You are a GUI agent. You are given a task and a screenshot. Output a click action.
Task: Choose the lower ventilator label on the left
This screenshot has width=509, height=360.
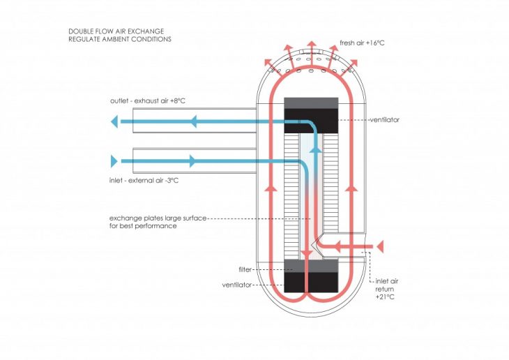pos(236,285)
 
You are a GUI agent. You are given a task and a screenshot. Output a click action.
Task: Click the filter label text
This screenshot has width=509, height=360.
pos(245,269)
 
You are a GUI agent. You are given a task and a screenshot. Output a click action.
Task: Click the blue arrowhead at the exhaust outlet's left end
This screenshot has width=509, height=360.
pos(114,122)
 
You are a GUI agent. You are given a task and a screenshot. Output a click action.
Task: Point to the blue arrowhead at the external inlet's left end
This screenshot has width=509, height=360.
pos(114,162)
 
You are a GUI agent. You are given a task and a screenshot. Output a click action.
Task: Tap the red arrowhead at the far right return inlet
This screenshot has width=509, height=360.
pos(380,246)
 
